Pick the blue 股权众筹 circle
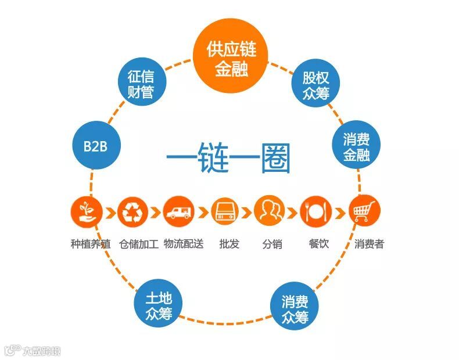click(x=315, y=85)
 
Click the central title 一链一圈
click(x=228, y=158)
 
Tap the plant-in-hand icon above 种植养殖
click(x=87, y=211)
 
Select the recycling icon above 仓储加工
click(x=132, y=211)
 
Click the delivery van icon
click(x=178, y=211)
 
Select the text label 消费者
click(x=369, y=244)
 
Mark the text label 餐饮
click(x=318, y=244)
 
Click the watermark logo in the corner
click(x=33, y=350)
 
